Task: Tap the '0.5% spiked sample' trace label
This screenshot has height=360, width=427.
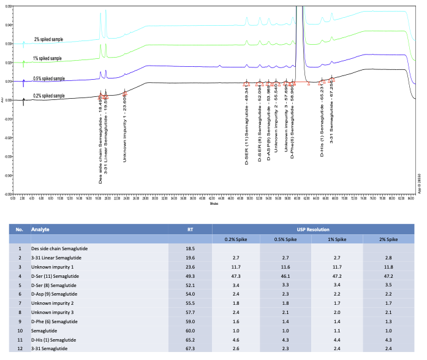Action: (x=49, y=79)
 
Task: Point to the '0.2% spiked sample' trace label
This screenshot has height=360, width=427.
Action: (x=49, y=96)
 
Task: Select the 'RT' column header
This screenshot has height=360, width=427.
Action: (x=190, y=229)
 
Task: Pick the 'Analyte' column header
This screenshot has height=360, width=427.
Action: (x=41, y=229)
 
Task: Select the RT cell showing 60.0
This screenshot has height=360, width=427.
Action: (x=190, y=331)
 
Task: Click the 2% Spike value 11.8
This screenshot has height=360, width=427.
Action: (x=388, y=267)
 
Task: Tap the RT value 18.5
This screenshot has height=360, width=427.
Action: (x=190, y=249)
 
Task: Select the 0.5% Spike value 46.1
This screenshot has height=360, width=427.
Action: (x=287, y=277)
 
